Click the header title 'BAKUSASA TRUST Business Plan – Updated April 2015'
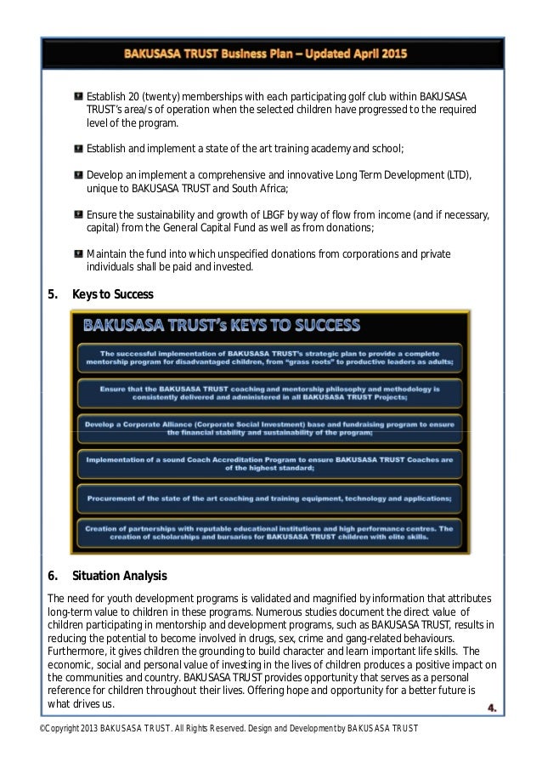pyautogui.click(x=266, y=54)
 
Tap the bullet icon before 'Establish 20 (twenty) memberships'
pyautogui.click(x=78, y=93)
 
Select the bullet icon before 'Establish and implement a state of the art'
pyautogui.click(x=78, y=149)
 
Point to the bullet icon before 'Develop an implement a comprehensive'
pyautogui.click(x=78, y=174)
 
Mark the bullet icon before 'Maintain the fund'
pyautogui.click(x=78, y=253)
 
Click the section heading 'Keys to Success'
pyautogui.click(x=112, y=295)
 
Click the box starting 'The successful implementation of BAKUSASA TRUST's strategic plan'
pyautogui.click(x=270, y=356)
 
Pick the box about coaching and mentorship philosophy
pyautogui.click(x=270, y=391)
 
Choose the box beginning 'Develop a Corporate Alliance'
pyautogui.click(x=270, y=427)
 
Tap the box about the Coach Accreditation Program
pyautogui.click(x=270, y=462)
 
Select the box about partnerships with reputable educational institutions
pyautogui.click(x=270, y=531)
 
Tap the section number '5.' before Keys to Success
pyautogui.click(x=53, y=295)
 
